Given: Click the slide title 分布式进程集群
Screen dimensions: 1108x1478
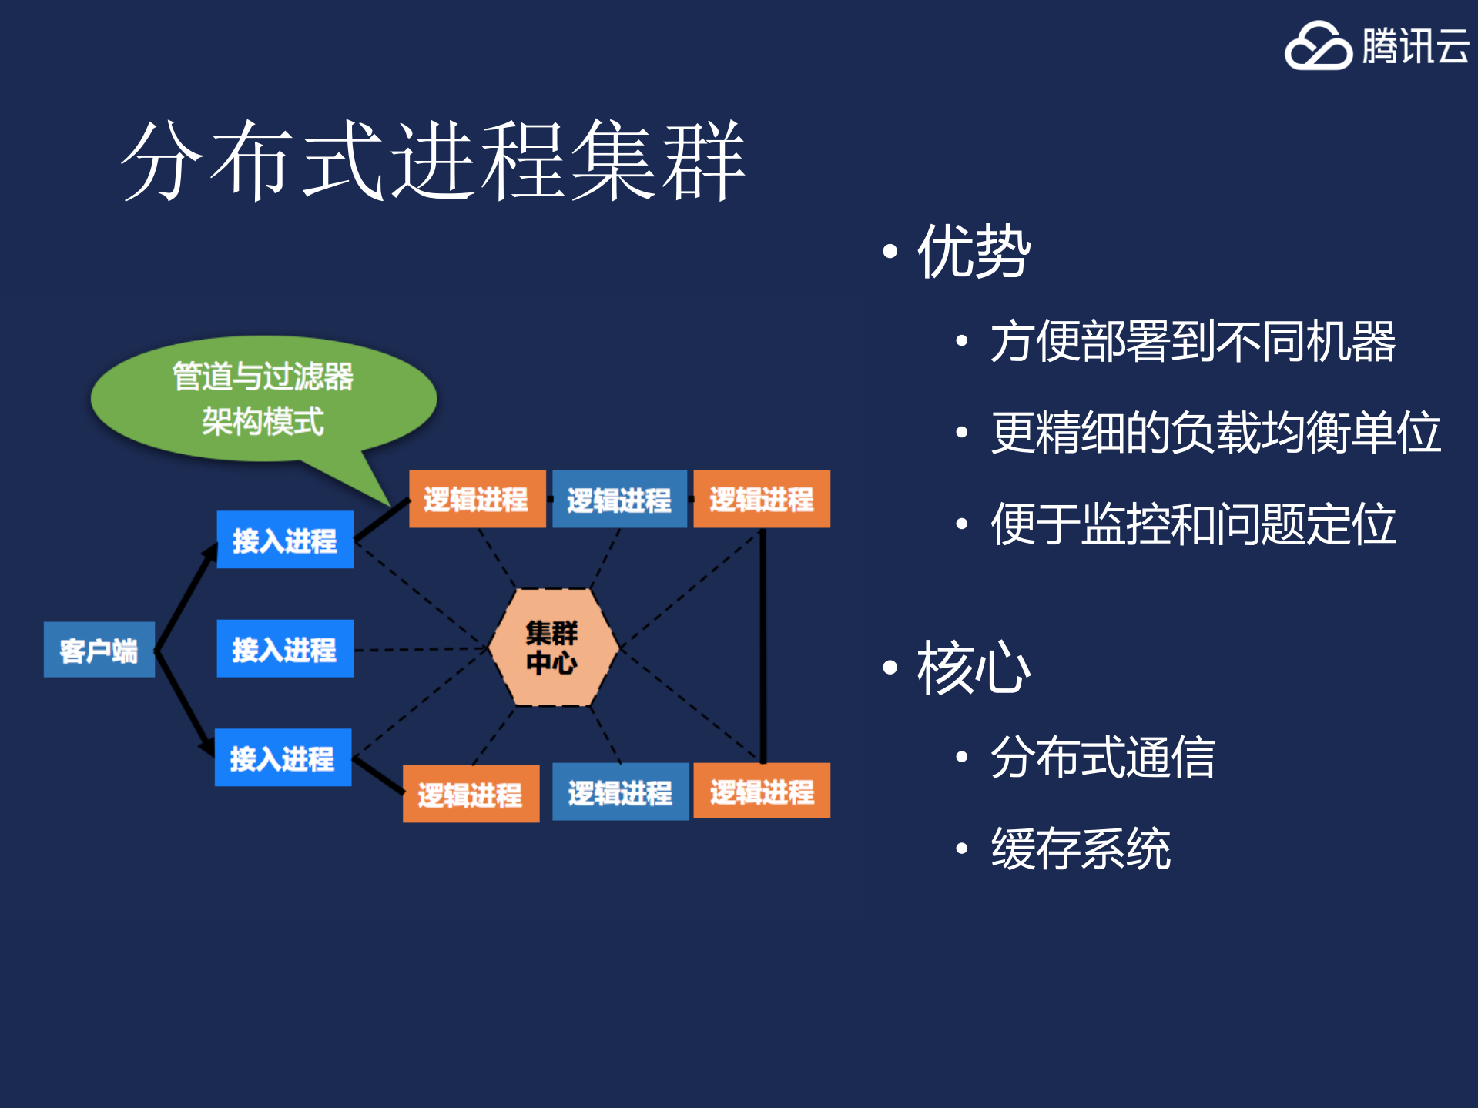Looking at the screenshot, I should (x=433, y=162).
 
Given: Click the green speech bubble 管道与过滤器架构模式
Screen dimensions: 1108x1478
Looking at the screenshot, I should (x=263, y=399).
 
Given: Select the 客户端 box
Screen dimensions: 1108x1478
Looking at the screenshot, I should (x=99, y=650).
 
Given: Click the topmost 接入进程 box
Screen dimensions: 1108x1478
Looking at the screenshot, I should (x=285, y=540).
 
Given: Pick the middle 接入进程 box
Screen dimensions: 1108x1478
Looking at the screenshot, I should (x=285, y=648).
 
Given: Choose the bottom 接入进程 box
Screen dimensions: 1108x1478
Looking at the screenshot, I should (x=283, y=758).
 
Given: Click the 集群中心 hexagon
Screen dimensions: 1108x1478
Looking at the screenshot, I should (x=552, y=648).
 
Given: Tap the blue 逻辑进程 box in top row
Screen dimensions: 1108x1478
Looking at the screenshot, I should (x=619, y=499).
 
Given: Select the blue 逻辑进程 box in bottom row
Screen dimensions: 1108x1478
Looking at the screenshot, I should (x=620, y=792).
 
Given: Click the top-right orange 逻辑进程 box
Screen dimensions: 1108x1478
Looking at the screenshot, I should (x=761, y=499).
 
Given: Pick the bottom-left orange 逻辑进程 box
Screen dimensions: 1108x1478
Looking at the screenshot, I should (x=471, y=794).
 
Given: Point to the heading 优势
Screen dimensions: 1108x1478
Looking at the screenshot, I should (x=974, y=251).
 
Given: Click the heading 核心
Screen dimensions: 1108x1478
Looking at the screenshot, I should (x=974, y=668).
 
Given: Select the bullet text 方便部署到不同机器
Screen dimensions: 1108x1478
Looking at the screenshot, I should (x=1192, y=341).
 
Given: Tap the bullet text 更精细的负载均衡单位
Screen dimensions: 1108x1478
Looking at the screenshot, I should (x=1215, y=432).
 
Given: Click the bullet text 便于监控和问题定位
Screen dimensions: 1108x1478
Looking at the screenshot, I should (x=1192, y=524).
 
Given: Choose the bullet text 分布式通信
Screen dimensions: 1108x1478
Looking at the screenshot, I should (x=1102, y=757).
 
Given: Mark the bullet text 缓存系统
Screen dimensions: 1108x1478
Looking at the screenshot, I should (x=1080, y=848).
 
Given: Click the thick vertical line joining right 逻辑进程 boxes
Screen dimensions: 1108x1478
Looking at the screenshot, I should (x=762, y=645).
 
